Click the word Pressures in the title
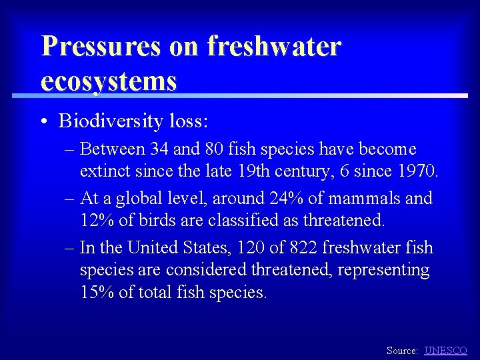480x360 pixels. [x=99, y=47]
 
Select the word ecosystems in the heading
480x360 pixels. [x=109, y=81]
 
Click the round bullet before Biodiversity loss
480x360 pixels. [x=43, y=122]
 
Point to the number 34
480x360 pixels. [x=160, y=149]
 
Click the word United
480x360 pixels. [x=157, y=247]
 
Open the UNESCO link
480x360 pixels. [x=445, y=350]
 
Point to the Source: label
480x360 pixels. [x=403, y=350]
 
